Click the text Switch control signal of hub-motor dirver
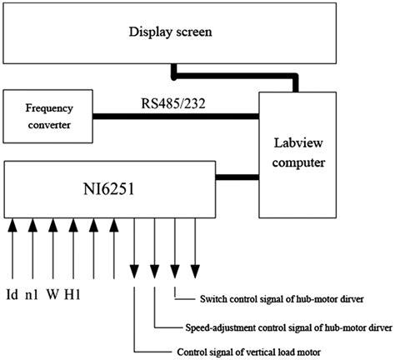[x=284, y=298]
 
